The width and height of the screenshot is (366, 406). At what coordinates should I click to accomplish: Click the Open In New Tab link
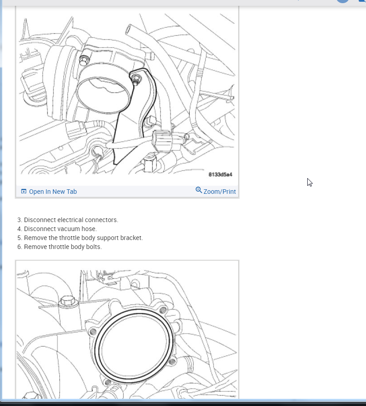tap(52, 192)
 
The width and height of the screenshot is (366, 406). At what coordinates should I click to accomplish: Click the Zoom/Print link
tap(219, 192)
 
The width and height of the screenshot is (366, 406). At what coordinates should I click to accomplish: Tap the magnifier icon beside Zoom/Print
tap(199, 190)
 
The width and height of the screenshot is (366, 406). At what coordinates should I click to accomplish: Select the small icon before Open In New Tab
tap(24, 192)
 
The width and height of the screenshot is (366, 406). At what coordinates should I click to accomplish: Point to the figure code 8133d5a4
tap(220, 175)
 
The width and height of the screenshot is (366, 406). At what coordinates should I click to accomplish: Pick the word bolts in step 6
tap(93, 247)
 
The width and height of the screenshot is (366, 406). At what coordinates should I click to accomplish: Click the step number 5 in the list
tap(19, 238)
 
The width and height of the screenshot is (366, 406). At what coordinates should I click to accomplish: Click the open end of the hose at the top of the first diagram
tap(129, 30)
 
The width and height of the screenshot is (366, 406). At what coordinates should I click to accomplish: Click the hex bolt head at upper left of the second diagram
tap(67, 301)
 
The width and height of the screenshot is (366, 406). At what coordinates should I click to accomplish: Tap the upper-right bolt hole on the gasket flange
tap(163, 310)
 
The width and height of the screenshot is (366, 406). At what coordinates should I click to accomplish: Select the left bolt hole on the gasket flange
tap(93, 332)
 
